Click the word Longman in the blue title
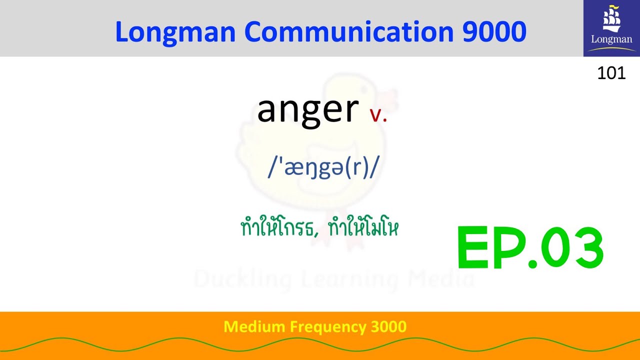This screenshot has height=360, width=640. click(175, 32)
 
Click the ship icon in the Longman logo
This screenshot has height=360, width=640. click(611, 19)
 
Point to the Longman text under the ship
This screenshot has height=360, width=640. click(611, 39)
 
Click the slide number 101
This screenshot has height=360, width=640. click(611, 73)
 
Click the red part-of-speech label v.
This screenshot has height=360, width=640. click(378, 115)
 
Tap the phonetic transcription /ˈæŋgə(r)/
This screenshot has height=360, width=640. click(323, 168)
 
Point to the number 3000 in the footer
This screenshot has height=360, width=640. click(389, 327)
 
